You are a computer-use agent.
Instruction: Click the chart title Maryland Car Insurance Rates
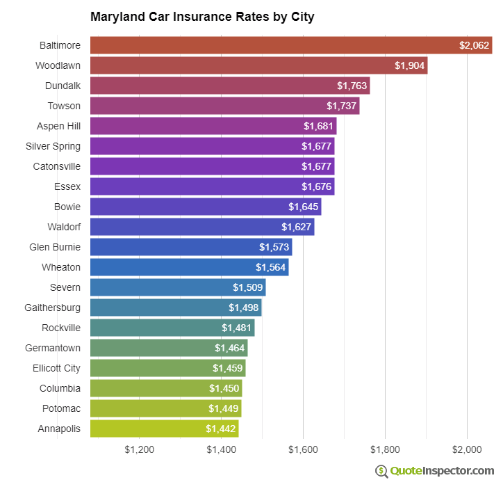(x=202, y=17)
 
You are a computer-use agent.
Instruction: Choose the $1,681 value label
(x=318, y=126)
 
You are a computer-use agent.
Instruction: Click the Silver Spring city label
(x=53, y=146)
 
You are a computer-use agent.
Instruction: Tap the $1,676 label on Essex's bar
(x=316, y=186)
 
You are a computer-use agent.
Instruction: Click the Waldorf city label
(x=64, y=227)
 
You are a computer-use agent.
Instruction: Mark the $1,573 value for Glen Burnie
(x=274, y=247)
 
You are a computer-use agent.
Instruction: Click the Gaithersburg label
(x=53, y=308)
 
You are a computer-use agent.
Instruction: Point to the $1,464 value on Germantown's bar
(x=229, y=348)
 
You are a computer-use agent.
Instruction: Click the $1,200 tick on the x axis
(x=140, y=450)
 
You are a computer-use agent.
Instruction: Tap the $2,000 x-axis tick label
(x=467, y=450)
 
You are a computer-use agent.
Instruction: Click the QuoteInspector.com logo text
(x=442, y=471)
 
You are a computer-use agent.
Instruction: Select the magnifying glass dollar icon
(x=381, y=471)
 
